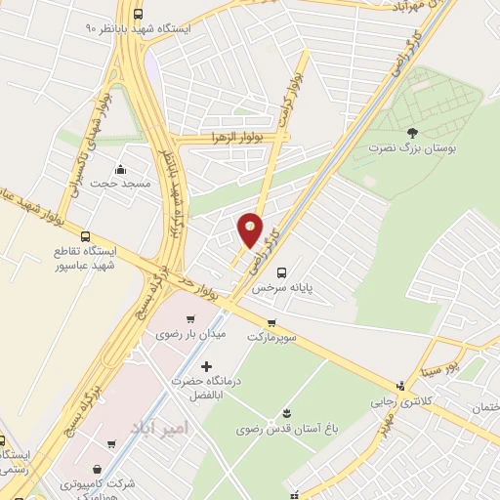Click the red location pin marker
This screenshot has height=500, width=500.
[x=250, y=230]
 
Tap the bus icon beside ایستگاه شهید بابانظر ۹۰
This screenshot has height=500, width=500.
[x=137, y=16]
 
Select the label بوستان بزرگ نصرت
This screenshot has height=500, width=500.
[x=411, y=149]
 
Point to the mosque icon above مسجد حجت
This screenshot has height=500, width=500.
[x=120, y=168]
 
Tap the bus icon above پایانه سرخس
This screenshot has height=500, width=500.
[x=282, y=272]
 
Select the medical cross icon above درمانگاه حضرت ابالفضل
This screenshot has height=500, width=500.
[x=205, y=365]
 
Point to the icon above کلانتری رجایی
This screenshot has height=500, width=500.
[x=399, y=386]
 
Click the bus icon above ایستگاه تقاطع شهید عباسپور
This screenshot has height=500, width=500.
[x=85, y=236]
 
